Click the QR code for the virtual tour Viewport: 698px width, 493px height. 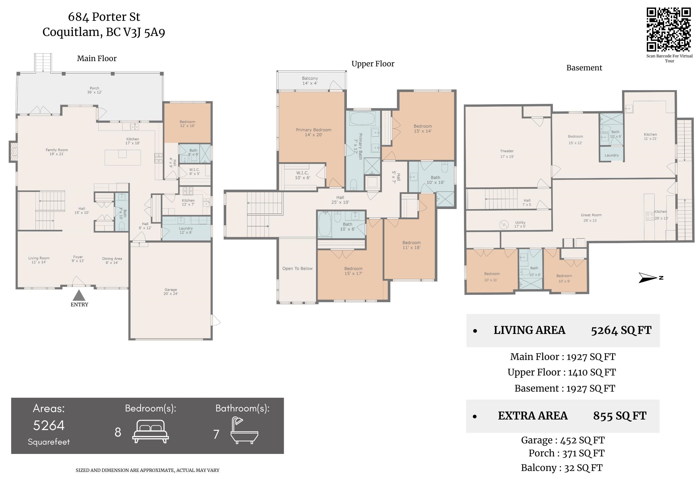pyautogui.click(x=668, y=29)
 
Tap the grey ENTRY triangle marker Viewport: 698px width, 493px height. pyautogui.click(x=79, y=295)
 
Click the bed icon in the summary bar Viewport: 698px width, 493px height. pyautogui.click(x=150, y=431)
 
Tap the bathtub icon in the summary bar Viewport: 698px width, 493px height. pyautogui.click(x=244, y=430)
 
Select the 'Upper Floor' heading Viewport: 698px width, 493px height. pyautogui.click(x=373, y=64)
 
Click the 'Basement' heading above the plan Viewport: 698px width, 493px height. pyautogui.click(x=584, y=68)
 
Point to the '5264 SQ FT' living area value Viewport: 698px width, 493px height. pyautogui.click(x=621, y=331)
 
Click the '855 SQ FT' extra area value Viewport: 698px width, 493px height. pyautogui.click(x=620, y=416)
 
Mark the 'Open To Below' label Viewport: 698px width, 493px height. pyautogui.click(x=297, y=269)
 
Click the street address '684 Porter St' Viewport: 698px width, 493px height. pyautogui.click(x=104, y=17)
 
